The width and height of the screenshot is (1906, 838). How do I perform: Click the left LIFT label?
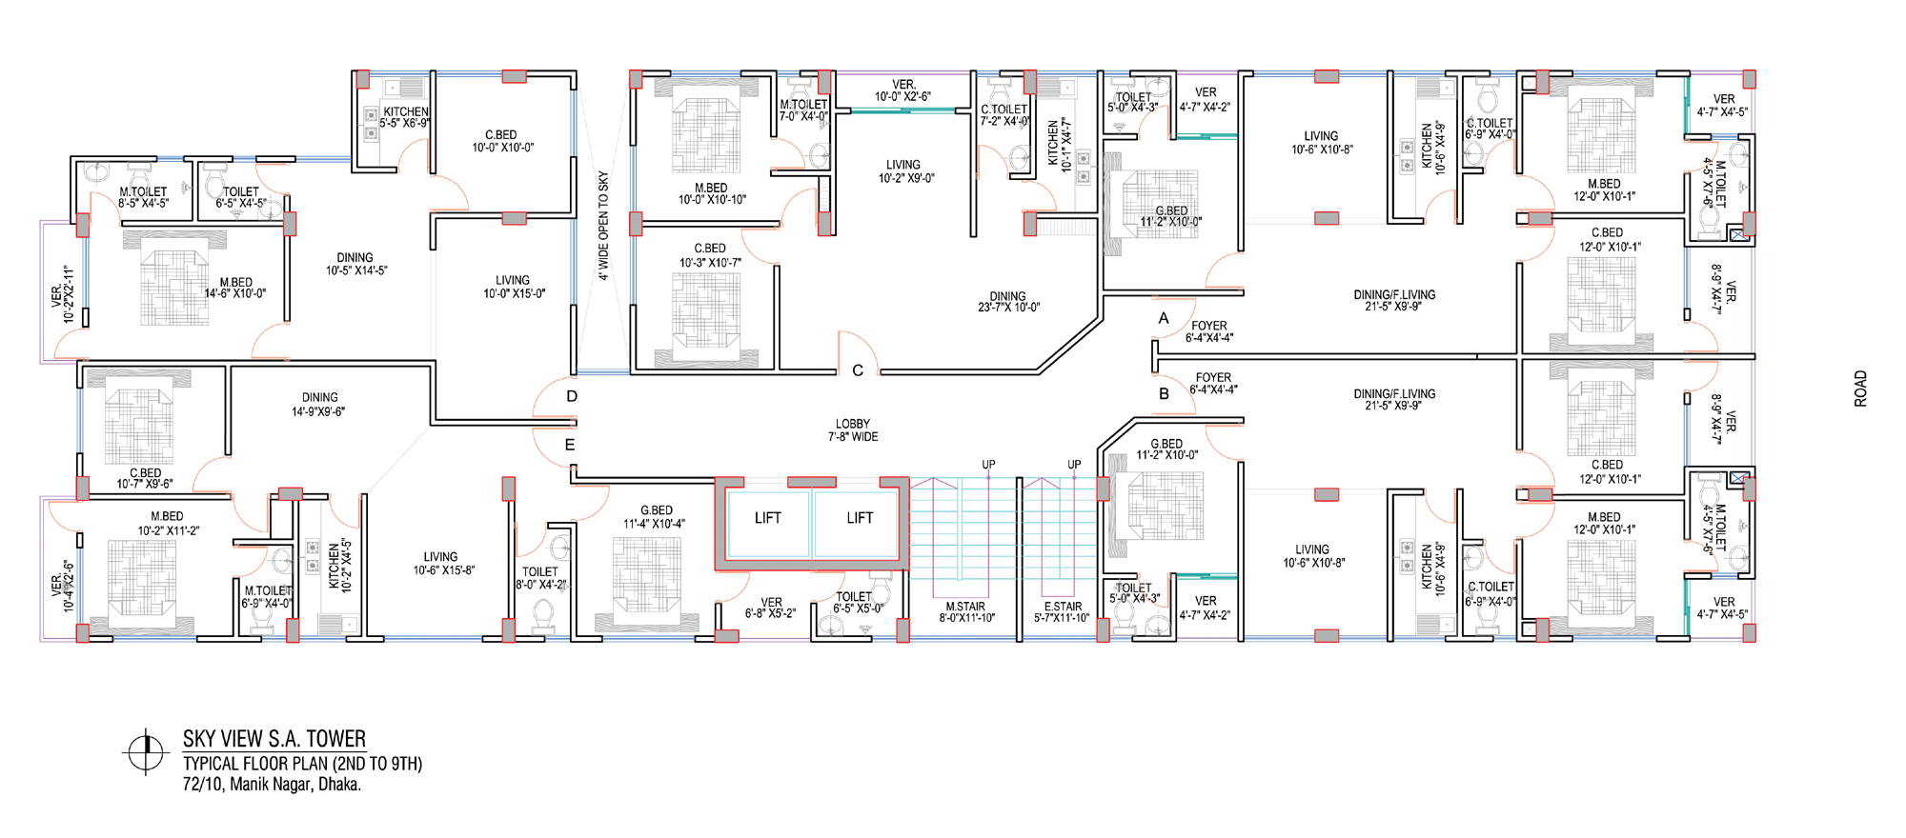[767, 518]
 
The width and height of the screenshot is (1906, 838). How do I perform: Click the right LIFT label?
[860, 518]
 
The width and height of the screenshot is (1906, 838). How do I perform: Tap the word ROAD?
[1860, 389]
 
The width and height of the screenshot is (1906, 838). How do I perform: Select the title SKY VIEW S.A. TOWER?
[274, 739]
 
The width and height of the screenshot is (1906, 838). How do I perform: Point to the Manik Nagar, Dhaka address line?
[273, 785]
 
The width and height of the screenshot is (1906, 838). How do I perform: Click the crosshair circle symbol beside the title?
[145, 752]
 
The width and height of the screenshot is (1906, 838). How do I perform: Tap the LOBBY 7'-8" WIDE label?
[853, 430]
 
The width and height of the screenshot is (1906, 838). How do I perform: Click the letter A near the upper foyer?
[1164, 318]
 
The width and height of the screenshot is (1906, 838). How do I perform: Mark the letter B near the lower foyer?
[1164, 393]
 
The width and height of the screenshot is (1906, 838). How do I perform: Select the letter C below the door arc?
[858, 370]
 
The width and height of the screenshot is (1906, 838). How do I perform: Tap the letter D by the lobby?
[572, 396]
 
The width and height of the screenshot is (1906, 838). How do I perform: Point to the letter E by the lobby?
[570, 445]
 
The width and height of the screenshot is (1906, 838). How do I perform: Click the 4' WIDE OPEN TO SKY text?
[603, 226]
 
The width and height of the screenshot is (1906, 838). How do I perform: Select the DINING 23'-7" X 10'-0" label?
[1008, 302]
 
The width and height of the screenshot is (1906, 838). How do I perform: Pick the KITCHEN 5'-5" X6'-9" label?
[405, 117]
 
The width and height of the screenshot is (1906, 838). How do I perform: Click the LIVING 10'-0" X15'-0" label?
[514, 287]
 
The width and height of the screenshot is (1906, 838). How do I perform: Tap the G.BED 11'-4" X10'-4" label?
[655, 517]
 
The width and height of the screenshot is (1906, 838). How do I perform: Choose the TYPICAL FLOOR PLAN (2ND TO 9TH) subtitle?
[303, 764]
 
